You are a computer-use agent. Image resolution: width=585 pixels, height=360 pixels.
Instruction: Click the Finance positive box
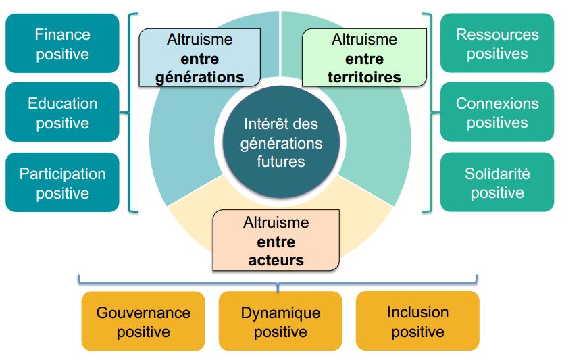point(62,44)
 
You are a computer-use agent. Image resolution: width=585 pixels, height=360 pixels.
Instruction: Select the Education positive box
point(62,113)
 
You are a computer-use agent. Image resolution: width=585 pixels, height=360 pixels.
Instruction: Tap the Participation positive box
point(62,183)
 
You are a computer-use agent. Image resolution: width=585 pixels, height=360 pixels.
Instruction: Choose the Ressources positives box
point(497,44)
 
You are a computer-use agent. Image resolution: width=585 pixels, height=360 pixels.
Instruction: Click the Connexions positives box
point(497,113)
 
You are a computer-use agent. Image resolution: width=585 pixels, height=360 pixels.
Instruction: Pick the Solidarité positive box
point(497,183)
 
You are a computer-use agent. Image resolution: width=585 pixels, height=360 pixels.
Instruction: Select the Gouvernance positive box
point(143,322)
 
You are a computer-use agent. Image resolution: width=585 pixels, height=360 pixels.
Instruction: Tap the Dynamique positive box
point(280,322)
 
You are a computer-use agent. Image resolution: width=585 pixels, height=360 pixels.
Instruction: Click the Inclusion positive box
point(417,322)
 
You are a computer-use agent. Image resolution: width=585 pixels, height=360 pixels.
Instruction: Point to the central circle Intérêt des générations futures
point(280,143)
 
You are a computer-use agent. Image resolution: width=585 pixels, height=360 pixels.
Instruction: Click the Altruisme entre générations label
point(199,58)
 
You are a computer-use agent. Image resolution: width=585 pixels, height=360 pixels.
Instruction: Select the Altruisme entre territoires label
point(364,58)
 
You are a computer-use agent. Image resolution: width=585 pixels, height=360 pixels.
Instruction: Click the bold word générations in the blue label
point(199,77)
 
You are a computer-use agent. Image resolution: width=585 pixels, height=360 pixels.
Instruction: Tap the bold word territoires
point(364,77)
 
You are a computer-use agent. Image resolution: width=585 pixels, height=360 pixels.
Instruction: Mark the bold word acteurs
point(276,260)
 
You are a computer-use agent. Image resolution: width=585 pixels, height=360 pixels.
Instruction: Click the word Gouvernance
point(143,313)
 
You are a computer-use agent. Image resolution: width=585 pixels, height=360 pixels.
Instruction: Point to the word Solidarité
point(497,174)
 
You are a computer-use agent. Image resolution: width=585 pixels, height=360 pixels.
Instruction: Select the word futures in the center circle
point(280,161)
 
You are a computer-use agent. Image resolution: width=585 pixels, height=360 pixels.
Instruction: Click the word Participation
point(62,174)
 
